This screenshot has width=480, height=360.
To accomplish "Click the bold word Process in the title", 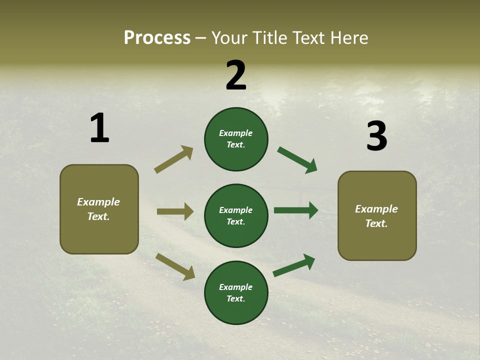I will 157,38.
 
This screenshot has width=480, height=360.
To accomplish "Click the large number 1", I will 99,128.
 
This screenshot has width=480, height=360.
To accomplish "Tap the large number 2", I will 236,75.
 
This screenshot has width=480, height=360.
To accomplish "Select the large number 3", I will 376,136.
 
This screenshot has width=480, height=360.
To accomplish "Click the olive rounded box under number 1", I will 99,209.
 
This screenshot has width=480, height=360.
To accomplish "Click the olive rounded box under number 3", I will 377,215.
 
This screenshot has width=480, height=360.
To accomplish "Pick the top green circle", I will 236,139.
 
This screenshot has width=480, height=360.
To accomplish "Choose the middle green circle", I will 236,215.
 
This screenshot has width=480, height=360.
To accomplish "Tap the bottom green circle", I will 236,292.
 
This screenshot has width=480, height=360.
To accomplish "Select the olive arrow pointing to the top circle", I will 173,159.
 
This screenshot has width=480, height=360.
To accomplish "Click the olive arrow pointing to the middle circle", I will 175,211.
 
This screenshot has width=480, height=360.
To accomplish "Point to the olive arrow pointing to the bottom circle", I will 175,266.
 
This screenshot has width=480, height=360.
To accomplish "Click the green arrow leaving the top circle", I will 297,160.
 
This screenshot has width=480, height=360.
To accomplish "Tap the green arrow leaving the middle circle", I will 296,210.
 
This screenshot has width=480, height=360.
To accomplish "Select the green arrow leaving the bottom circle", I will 294,265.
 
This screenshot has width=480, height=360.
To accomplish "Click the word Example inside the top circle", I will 236,133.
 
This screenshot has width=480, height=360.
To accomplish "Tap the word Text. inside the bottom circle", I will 236,298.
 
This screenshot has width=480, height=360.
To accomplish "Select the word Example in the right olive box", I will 376,209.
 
